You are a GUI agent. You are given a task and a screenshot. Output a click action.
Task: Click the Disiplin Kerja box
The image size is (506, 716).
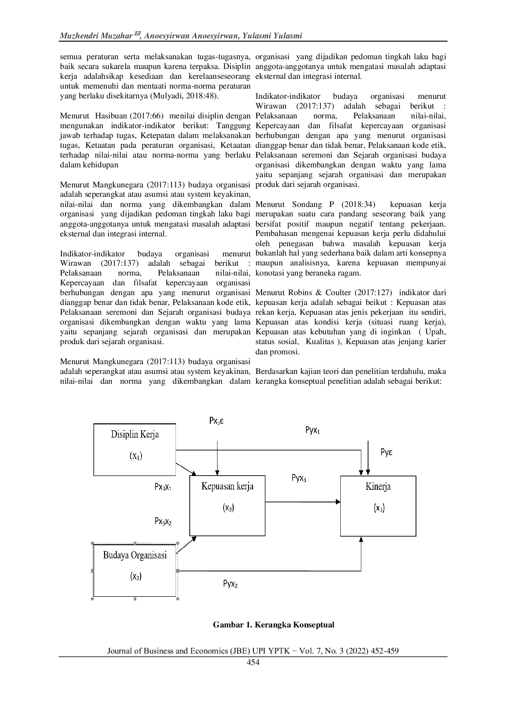[135, 449]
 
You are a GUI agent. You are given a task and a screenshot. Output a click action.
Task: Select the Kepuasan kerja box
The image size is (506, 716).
[227, 505]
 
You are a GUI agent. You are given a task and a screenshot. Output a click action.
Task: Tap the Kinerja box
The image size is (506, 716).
[378, 505]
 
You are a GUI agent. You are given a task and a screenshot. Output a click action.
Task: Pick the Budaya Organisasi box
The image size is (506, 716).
[135, 570]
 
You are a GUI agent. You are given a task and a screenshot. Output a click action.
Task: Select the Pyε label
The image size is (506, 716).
[386, 452]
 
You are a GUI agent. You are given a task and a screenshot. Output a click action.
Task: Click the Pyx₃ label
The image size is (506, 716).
[299, 478]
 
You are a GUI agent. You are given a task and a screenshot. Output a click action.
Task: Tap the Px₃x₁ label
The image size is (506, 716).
[162, 487]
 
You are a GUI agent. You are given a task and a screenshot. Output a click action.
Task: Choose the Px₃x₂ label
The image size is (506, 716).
[163, 521]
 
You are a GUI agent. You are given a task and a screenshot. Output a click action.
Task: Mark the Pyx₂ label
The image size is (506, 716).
[231, 584]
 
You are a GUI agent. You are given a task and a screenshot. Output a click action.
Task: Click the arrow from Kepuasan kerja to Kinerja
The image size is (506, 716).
[302, 502]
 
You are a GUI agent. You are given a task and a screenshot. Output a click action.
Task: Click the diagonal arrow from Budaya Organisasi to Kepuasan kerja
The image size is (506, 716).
[186, 545]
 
